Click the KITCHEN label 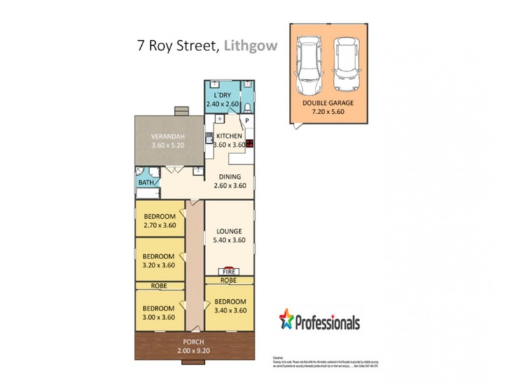pos(229,136)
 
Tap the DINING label pos(229,177)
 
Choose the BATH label pos(146,183)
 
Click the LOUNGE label pos(229,231)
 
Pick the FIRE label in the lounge pos(229,271)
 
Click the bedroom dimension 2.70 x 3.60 pos(159,225)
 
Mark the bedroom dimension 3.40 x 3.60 pos(230,310)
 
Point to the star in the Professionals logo pos(286,318)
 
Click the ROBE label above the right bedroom pos(229,280)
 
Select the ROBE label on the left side pos(159,286)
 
